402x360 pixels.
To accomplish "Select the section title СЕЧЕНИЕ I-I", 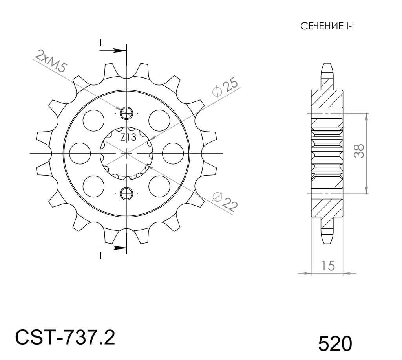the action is click(327, 26).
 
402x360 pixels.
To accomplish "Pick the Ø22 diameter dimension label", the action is click(224, 201).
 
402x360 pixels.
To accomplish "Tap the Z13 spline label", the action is click(128, 138).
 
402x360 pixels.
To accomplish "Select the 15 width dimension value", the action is click(328, 266).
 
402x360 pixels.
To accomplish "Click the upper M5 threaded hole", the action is click(126, 113).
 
